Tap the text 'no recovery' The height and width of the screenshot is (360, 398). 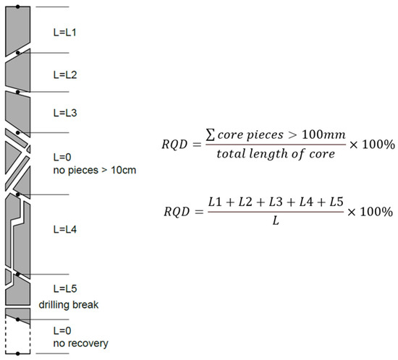(80, 343)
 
